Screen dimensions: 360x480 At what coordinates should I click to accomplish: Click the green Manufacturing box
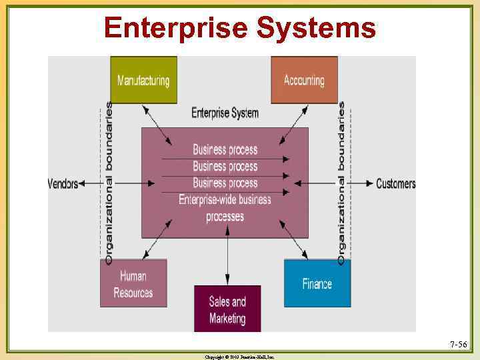143,80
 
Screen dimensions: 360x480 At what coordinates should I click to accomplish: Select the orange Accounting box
304,80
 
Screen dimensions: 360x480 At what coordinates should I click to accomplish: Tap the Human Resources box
133,283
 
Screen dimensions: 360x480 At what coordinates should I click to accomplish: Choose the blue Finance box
317,283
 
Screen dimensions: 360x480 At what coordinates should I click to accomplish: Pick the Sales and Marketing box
227,309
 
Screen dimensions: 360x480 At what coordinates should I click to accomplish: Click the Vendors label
63,183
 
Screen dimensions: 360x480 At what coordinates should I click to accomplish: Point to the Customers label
395,183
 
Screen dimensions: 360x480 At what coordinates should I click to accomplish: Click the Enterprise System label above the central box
225,113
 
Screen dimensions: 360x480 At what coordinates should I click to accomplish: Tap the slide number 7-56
458,345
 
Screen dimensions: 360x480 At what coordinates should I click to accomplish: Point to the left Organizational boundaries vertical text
109,181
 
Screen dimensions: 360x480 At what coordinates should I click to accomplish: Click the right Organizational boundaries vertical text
342,181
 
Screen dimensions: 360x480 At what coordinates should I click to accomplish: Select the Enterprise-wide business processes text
225,207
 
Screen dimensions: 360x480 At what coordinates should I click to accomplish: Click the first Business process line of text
225,149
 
